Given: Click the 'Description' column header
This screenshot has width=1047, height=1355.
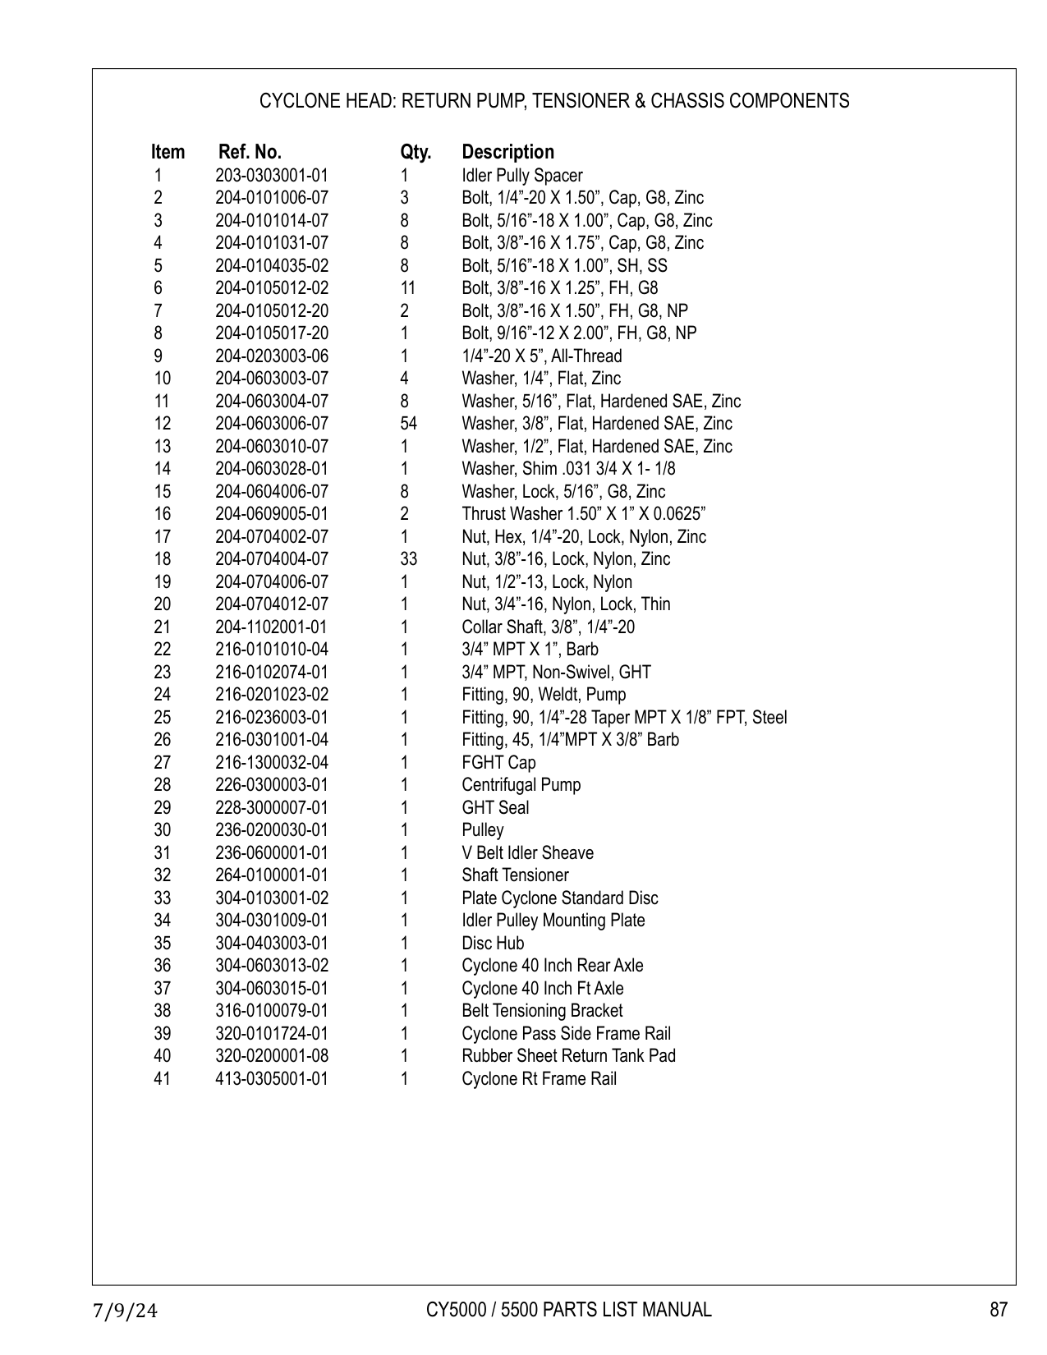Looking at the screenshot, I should click(x=507, y=152).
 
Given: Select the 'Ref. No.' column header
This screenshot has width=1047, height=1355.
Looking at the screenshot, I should click(x=250, y=152).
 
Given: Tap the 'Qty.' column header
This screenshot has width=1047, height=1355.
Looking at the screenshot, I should click(x=416, y=152).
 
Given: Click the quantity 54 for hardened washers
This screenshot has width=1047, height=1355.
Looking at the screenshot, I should click(x=408, y=424).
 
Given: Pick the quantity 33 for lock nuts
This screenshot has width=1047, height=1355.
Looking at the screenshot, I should click(x=408, y=559).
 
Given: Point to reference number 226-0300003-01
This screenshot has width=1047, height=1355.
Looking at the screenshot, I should click(x=271, y=785).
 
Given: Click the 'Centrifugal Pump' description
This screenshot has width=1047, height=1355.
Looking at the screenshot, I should click(x=521, y=785).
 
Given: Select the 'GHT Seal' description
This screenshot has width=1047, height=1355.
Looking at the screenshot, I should click(x=495, y=808).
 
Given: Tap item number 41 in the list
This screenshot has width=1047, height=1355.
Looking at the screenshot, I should click(x=162, y=1079).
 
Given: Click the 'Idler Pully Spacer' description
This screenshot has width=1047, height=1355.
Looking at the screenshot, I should click(x=521, y=176).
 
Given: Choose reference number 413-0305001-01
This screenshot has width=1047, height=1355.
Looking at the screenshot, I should click(x=271, y=1079).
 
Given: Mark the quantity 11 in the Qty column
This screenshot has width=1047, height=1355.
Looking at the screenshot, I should click(x=407, y=288).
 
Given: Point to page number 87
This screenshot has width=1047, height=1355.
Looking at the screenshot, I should click(x=998, y=1310).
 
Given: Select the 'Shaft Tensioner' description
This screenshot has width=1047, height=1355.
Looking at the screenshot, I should click(x=515, y=875).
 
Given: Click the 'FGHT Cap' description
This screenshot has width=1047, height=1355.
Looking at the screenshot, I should click(x=498, y=763).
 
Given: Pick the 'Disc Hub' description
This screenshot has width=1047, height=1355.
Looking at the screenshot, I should click(x=493, y=944).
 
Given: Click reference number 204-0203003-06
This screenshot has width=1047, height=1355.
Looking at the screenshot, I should click(x=271, y=356).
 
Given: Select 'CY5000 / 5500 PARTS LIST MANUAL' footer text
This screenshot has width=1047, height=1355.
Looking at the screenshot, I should click(x=568, y=1310).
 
